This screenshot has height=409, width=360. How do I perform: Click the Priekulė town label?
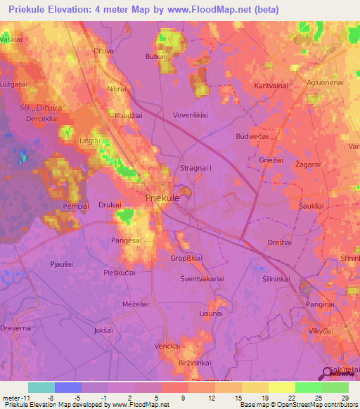click(x=162, y=199)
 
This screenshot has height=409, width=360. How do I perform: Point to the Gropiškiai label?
click(x=186, y=259)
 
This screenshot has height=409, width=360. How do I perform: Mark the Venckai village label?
click(x=169, y=346)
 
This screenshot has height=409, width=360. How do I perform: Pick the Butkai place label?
click(x=155, y=56)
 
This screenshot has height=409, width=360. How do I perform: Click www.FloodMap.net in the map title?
click(x=217, y=10)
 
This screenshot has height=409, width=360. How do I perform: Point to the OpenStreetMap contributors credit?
click(x=317, y=405)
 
